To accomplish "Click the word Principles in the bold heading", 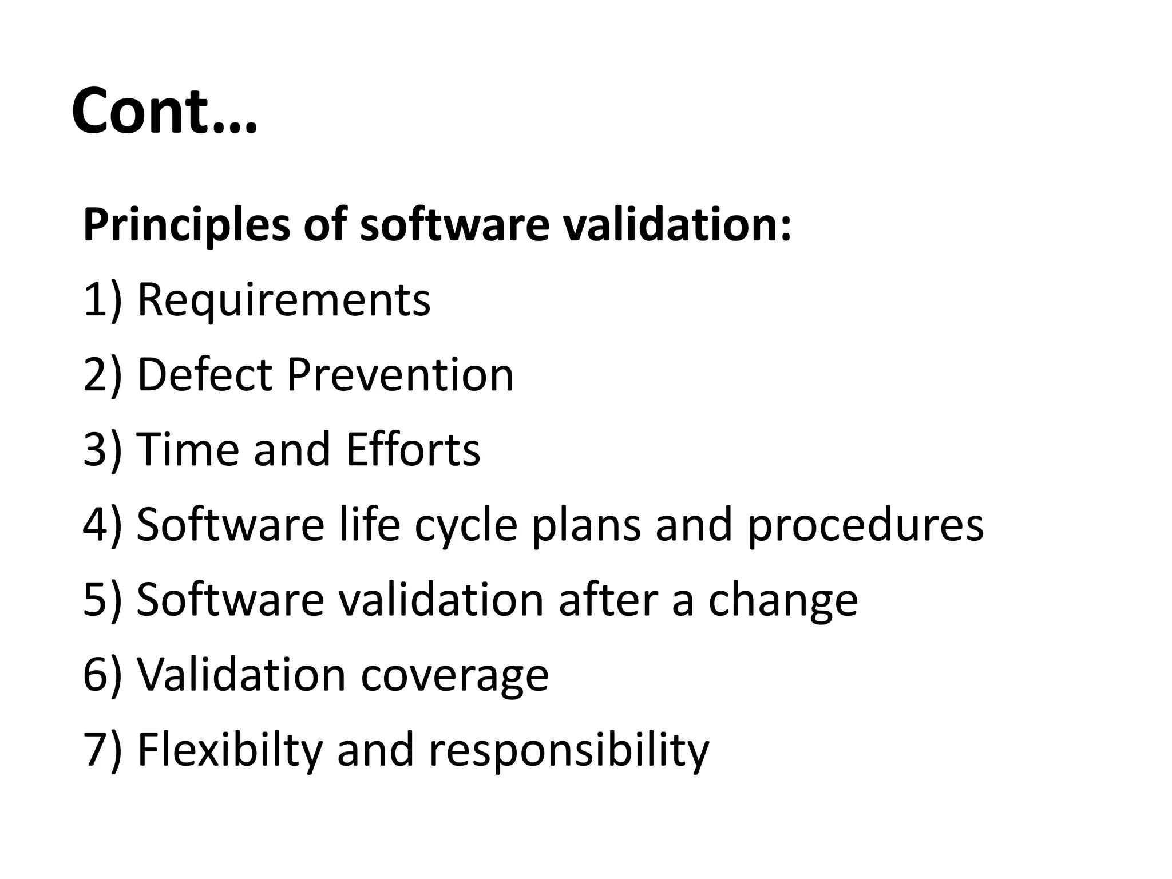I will [187, 225].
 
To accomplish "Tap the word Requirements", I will [284, 300].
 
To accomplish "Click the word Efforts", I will [413, 450].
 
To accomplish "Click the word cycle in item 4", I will [466, 525].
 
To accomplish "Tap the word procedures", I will [865, 525].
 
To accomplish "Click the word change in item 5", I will [783, 600].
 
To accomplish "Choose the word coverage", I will [454, 675].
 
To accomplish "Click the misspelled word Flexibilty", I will [230, 750].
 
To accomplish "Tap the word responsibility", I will [568, 750].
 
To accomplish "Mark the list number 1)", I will [102, 300].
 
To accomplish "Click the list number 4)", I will [102, 525].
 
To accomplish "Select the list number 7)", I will [102, 750].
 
